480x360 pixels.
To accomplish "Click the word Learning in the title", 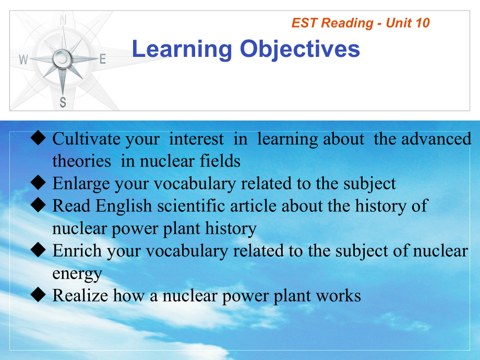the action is (182, 49).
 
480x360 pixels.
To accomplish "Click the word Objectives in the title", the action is (300, 49).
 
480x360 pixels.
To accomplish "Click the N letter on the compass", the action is (63, 20).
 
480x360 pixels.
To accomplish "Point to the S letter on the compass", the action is (63, 102).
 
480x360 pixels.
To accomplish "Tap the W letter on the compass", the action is (23, 59).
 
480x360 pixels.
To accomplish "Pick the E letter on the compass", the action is (103, 59).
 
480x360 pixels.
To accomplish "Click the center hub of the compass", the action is (62, 58).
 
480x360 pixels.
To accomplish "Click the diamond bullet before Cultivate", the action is (38, 138).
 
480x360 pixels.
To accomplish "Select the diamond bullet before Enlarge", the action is (38, 183).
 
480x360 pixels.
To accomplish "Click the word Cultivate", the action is (87, 139).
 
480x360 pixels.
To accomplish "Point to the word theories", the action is (81, 161).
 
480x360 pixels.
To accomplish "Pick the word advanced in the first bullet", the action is (436, 139).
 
